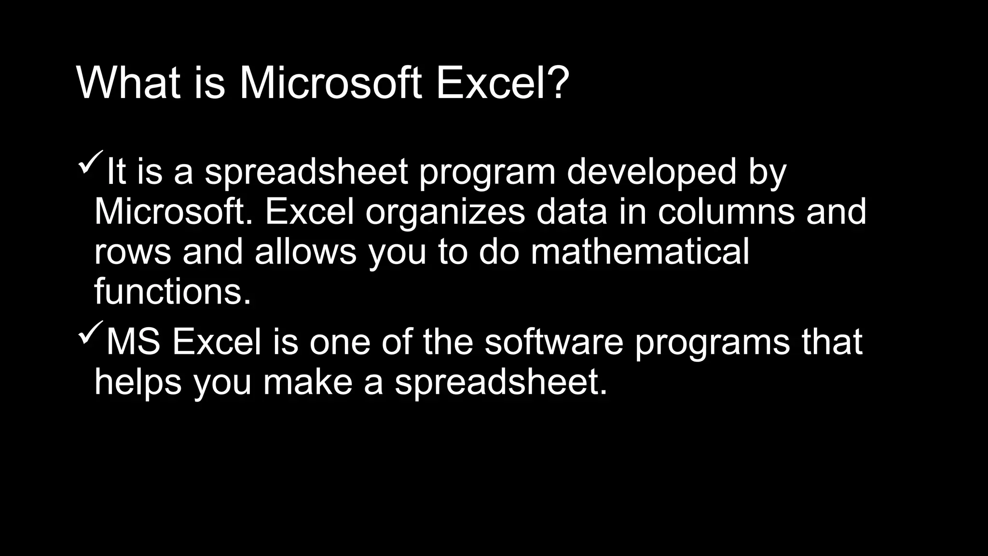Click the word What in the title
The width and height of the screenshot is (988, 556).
click(x=128, y=83)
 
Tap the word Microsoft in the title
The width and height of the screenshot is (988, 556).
click(x=330, y=83)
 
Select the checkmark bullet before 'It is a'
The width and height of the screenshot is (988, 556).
click(x=90, y=163)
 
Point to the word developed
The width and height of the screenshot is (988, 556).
click(x=651, y=172)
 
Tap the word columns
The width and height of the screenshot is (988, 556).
click(x=726, y=212)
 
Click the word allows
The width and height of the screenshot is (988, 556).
click(x=305, y=252)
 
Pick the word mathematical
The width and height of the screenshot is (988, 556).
click(x=640, y=252)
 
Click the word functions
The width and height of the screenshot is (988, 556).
click(x=172, y=292)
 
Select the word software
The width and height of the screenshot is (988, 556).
click(x=554, y=342)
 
